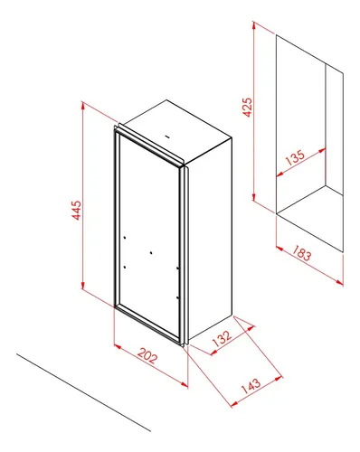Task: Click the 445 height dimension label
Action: tap(77, 210)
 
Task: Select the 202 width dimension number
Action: tap(147, 356)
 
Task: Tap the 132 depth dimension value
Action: tap(222, 338)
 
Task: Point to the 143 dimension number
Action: tap(251, 386)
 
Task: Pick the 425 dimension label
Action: tap(247, 107)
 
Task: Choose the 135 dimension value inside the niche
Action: tap(296, 158)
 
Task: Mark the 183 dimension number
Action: tap(302, 253)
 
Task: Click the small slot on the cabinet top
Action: tap(167, 137)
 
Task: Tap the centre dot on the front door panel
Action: tap(151, 252)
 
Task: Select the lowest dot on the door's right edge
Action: tap(177, 297)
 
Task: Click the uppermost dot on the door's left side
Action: tap(125, 238)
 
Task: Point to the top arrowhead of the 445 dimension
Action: tap(83, 107)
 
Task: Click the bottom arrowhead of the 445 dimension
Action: tap(83, 285)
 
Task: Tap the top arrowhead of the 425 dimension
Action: tap(254, 25)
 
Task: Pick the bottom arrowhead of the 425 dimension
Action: tap(254, 196)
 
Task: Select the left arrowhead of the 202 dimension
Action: tap(118, 347)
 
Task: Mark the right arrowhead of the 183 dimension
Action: tap(339, 282)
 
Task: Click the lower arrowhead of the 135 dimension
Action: tap(280, 174)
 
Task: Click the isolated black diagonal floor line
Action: tap(83, 392)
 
